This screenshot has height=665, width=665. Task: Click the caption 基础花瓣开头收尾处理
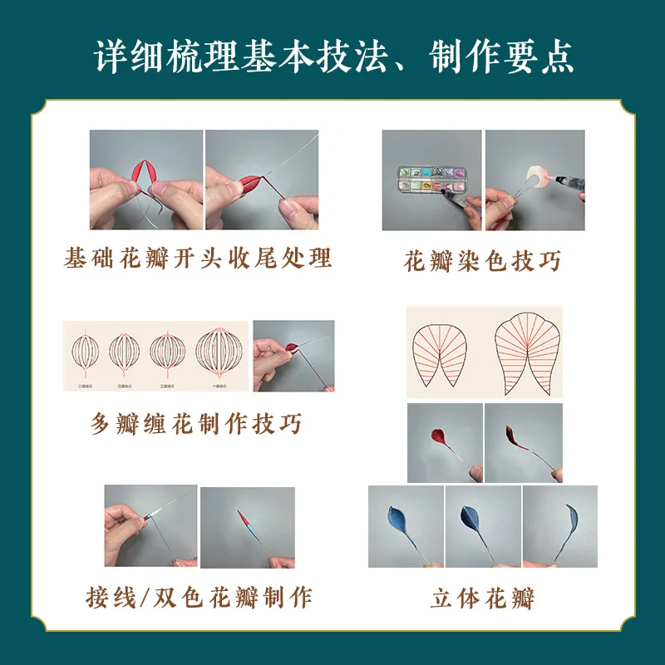pos(198,258)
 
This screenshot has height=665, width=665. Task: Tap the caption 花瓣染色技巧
pos(482,261)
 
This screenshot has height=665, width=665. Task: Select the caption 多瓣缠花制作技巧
pos(196,424)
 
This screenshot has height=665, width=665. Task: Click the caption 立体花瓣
pos(482,597)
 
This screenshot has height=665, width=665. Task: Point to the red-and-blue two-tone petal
pos(247,523)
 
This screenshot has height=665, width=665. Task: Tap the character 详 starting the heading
pos(111,56)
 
